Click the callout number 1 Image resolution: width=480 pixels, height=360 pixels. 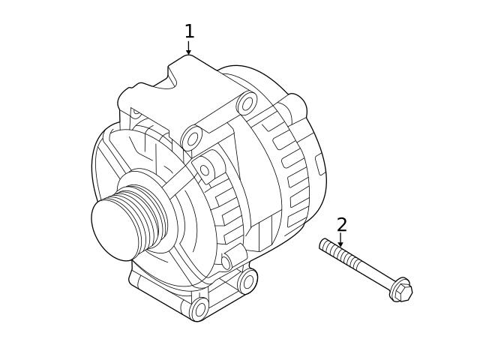189,31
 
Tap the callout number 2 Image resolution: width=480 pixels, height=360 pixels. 341,225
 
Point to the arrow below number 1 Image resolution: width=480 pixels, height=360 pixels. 188,48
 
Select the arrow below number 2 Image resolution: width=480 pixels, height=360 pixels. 340,241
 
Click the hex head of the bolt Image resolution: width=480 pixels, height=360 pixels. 402,290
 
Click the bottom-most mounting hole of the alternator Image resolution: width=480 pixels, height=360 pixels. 199,308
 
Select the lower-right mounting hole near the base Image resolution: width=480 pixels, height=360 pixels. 247,281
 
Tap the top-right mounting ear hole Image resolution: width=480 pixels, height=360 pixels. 247,103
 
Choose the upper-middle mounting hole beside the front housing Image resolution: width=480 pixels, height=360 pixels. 192,138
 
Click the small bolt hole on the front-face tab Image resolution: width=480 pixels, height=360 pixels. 204,170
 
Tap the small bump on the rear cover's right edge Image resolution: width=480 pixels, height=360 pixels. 320,163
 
